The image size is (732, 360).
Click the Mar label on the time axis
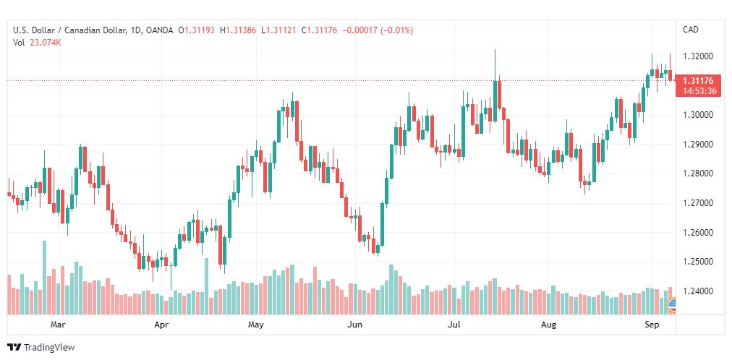coord(59,325)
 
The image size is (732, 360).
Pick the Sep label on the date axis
coord(652,325)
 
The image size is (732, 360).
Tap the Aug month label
coord(548,325)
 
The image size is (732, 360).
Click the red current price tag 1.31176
coord(698,81)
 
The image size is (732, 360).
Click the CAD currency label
coord(691,30)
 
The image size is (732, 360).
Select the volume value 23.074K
coord(46,43)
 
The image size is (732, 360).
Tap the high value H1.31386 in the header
coord(238,30)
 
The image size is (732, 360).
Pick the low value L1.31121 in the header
coord(278,30)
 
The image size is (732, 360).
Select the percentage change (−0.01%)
coord(396,30)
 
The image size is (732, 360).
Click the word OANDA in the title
coord(160,30)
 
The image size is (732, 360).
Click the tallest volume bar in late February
coord(44,278)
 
